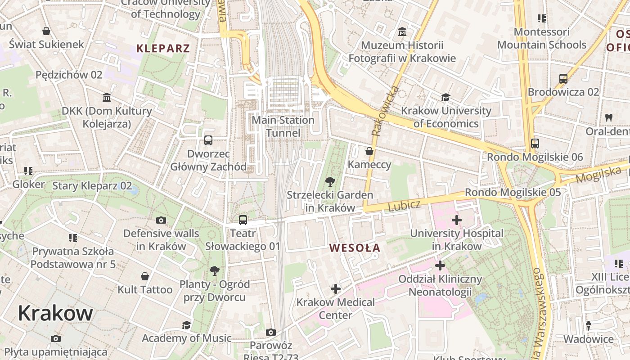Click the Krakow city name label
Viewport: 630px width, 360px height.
[55, 313]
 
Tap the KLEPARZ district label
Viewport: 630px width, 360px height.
[163, 49]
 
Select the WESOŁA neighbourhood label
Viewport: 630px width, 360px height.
[355, 248]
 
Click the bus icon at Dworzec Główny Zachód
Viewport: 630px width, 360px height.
[208, 140]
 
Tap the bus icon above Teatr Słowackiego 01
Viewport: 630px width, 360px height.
[243, 220]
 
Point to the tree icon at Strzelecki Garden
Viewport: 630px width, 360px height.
[330, 181]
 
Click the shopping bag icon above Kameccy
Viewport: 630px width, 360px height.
[369, 151]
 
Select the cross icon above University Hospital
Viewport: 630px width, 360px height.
[456, 220]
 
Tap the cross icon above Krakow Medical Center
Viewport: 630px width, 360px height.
[335, 288]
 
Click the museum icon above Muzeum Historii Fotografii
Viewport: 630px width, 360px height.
[402, 32]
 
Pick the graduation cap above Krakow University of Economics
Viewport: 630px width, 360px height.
[445, 97]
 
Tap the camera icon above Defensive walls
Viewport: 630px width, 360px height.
[161, 220]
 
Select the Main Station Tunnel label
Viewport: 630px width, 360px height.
[283, 126]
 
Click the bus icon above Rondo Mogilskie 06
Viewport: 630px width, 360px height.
[535, 144]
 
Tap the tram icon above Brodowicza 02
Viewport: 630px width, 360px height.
[563, 78]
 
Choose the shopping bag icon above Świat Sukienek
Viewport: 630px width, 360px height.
[46, 31]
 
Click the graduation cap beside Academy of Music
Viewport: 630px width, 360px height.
[186, 325]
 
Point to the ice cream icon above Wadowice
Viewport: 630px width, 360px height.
[588, 325]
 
